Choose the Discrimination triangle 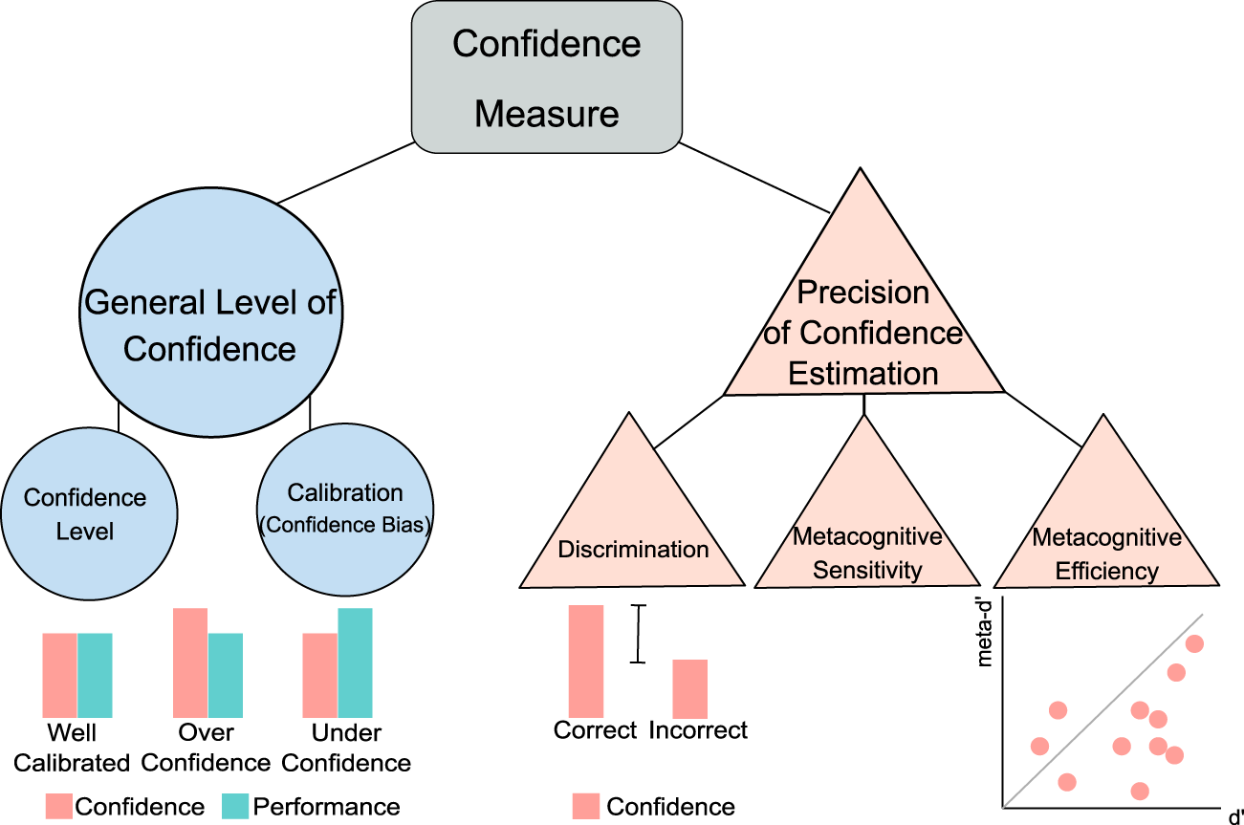[x=632, y=535]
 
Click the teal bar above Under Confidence [x=355, y=662]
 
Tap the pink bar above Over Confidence [x=190, y=662]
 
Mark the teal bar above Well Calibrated [x=95, y=675]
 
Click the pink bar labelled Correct [x=586, y=661]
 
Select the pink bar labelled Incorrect [x=689, y=688]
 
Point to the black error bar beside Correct [x=639, y=634]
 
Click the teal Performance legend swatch [x=234, y=806]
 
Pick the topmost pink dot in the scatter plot [x=1194, y=644]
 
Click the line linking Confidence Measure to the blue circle [x=344, y=173]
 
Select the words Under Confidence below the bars [x=347, y=749]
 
